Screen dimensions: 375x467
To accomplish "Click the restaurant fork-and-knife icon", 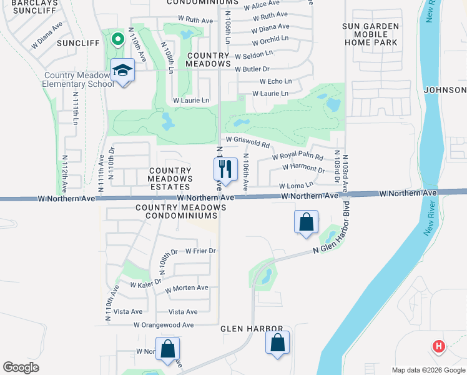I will click(226, 169).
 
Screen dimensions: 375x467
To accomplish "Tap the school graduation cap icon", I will click(123, 71).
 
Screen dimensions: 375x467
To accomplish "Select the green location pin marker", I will click(117, 39).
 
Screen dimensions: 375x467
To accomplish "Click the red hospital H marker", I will click(439, 346).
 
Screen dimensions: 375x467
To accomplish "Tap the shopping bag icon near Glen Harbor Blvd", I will click(306, 222).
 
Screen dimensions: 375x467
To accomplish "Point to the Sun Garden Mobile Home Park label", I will click(370, 35).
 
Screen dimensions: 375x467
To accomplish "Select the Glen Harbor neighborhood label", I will click(252, 329).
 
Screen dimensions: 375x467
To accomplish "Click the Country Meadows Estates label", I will click(169, 179).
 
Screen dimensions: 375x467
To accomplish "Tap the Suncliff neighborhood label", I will click(78, 43).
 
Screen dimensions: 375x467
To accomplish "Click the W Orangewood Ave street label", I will click(164, 325).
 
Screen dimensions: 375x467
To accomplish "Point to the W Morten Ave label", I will click(187, 288).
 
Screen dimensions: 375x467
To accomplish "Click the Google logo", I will click(21, 367).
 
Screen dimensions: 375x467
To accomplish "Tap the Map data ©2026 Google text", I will click(427, 370).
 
